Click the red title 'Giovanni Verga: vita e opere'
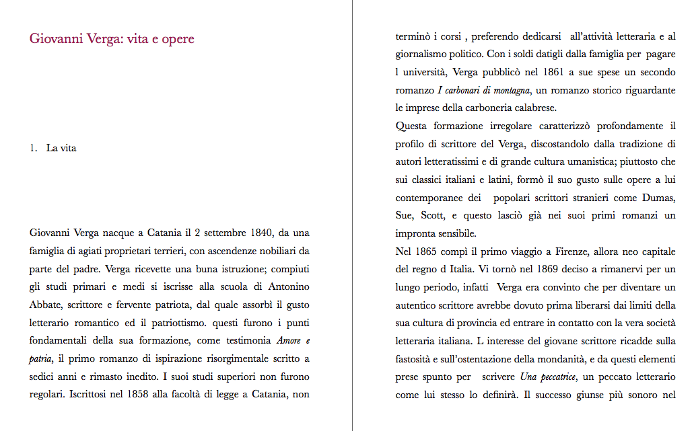pos(112,39)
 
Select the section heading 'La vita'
pos(61,149)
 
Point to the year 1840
pos(256,233)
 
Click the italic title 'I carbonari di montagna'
pos(484,90)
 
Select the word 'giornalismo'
pos(423,54)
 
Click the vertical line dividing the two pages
pos(352,215)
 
